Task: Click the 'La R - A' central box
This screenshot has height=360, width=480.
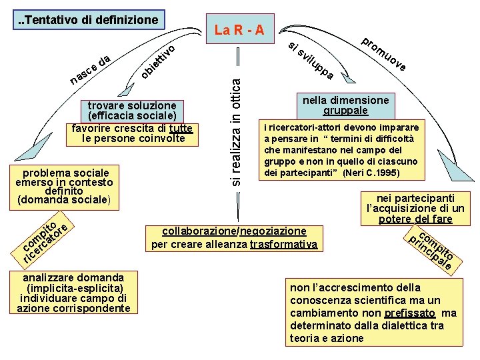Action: pyautogui.click(x=239, y=29)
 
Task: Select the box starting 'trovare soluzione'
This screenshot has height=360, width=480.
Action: pyautogui.click(x=131, y=122)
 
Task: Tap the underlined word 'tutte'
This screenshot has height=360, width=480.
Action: pyautogui.click(x=181, y=129)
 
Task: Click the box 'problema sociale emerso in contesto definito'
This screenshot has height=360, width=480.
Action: pyautogui.click(x=65, y=185)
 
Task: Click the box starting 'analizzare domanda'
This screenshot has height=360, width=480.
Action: pyautogui.click(x=73, y=292)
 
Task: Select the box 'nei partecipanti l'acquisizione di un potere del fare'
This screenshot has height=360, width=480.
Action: pyautogui.click(x=415, y=208)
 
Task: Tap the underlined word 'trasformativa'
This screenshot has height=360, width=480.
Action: pyautogui.click(x=283, y=244)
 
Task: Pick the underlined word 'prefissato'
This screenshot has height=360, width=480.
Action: pyautogui.click(x=410, y=313)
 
